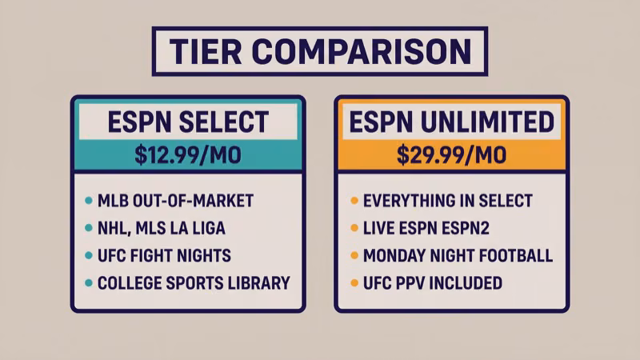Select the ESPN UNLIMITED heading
(452, 122)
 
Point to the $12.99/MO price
(188, 154)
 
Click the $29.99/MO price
(452, 154)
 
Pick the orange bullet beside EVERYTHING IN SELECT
(354, 201)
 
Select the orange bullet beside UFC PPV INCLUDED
(354, 283)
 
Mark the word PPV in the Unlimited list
(412, 283)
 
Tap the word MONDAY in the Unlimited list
(393, 256)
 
